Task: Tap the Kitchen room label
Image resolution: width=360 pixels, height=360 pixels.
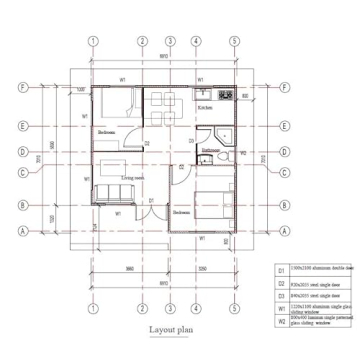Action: (204, 106)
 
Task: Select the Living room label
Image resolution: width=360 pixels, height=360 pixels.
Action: (133, 177)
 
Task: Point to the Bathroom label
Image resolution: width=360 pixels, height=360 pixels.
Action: (210, 151)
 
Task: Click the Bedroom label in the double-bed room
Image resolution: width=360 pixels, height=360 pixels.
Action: (182, 213)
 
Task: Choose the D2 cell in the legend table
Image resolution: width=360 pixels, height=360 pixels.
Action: (281, 283)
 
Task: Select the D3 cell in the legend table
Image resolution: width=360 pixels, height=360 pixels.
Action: (281, 296)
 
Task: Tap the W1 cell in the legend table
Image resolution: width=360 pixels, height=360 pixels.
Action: (281, 309)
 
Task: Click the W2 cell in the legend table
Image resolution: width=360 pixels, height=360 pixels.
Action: (281, 321)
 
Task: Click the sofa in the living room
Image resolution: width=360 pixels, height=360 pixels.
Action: (108, 194)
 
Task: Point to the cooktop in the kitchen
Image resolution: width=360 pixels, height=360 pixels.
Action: (225, 96)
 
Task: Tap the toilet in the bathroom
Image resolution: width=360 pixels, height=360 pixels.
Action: (217, 159)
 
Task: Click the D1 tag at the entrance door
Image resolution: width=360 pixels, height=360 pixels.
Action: (150, 201)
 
